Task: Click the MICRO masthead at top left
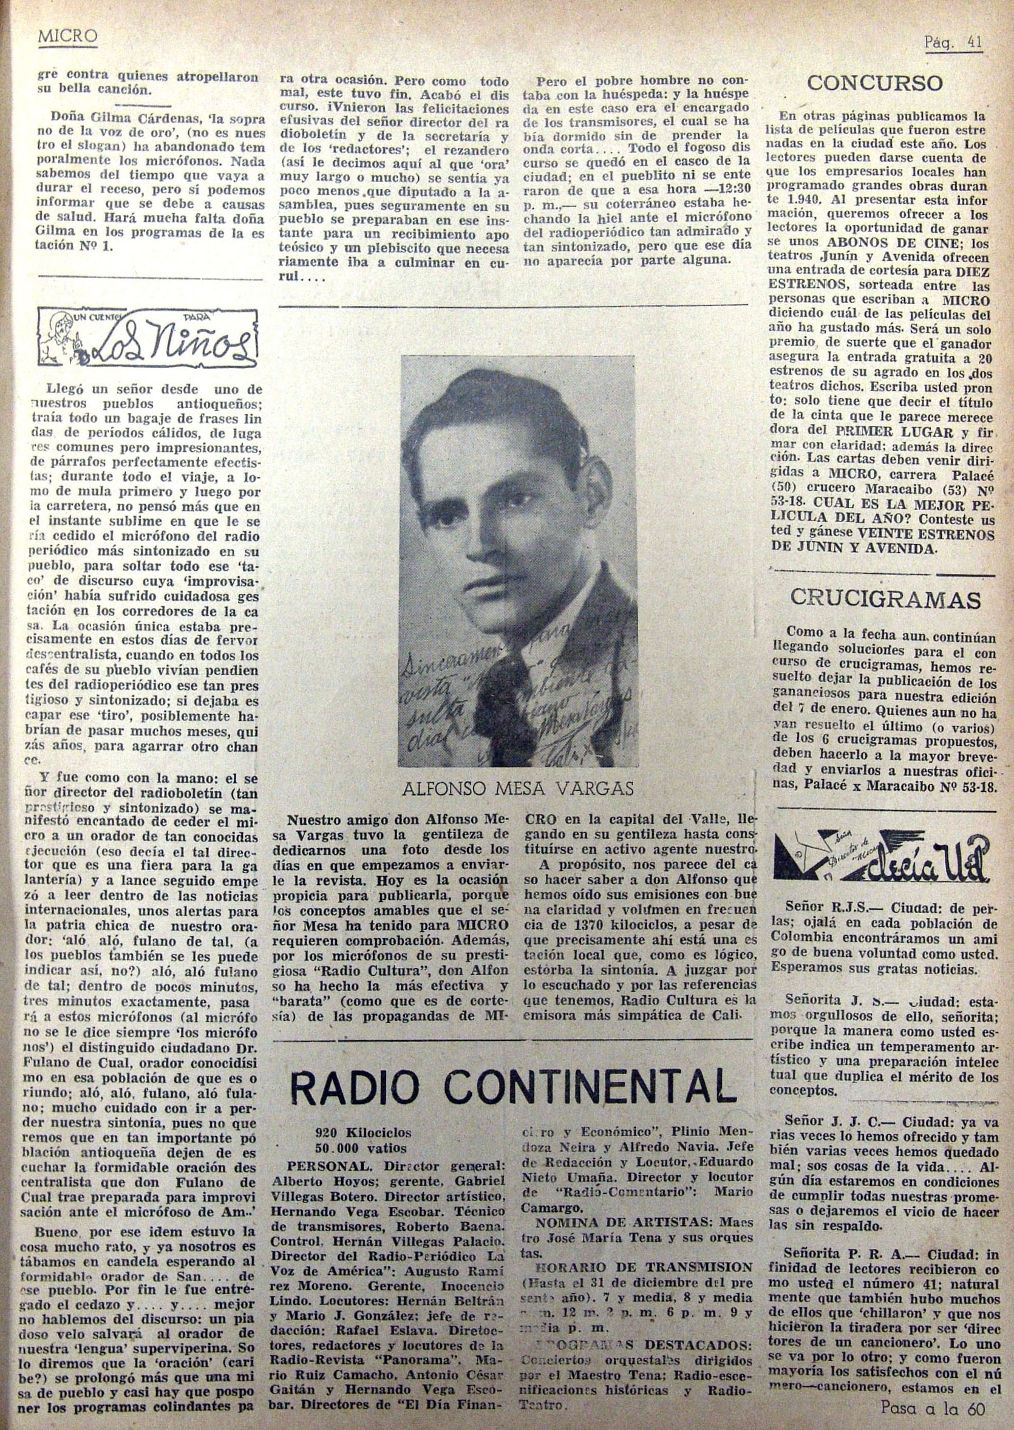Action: (x=67, y=37)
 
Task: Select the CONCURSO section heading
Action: (x=874, y=83)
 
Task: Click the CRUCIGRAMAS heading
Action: (x=885, y=598)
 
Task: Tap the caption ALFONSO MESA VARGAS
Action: (x=517, y=789)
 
